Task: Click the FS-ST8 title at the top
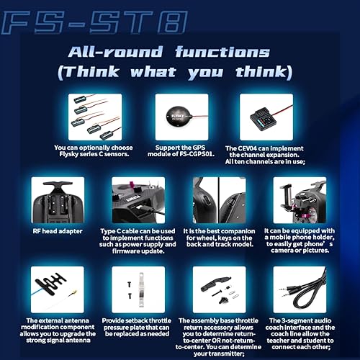(x=94, y=22)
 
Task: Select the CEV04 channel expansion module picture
(x=254, y=116)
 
